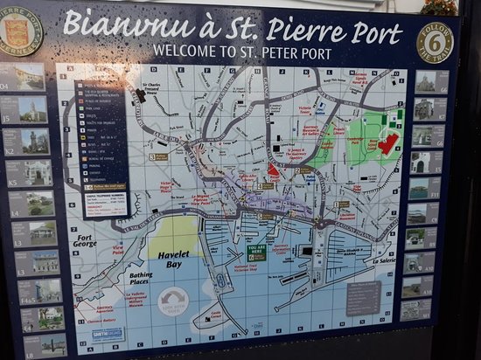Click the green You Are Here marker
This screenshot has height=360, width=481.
tap(257, 253)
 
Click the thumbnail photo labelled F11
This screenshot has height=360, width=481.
tap(424, 188)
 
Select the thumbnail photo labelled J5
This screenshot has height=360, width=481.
tap(32, 108)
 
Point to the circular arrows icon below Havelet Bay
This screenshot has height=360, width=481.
tap(173, 301)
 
